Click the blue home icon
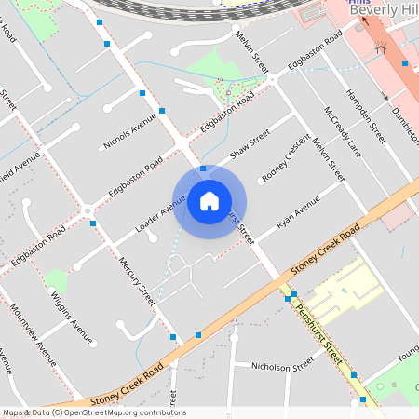pyautogui.click(x=209, y=201)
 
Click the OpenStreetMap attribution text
pyautogui.click(x=93, y=412)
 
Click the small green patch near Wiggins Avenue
pyautogui.click(x=55, y=279)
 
